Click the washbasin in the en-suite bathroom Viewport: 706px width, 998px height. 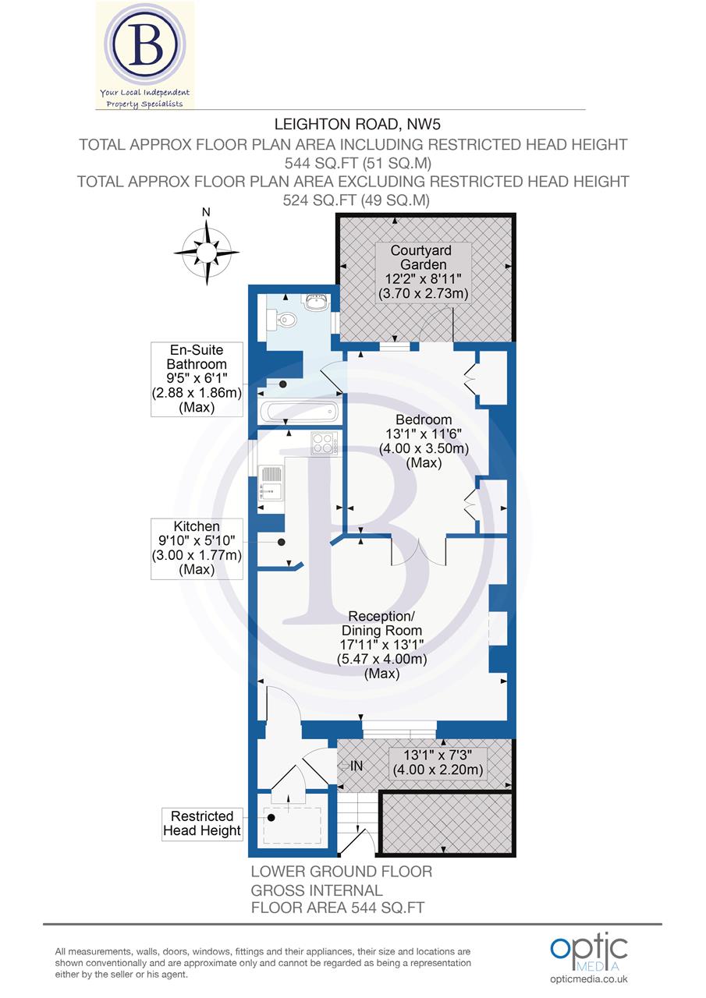pos(318,303)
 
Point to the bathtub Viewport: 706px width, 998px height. pos(300,412)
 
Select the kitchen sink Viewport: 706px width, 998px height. pos(271,482)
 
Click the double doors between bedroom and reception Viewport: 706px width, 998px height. pos(418,551)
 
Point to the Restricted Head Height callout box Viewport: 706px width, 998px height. pos(202,824)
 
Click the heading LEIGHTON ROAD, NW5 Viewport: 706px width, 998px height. pos(352,123)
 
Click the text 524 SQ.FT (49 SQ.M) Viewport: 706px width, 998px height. pos(352,200)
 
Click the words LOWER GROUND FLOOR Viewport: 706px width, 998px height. pos(341,872)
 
